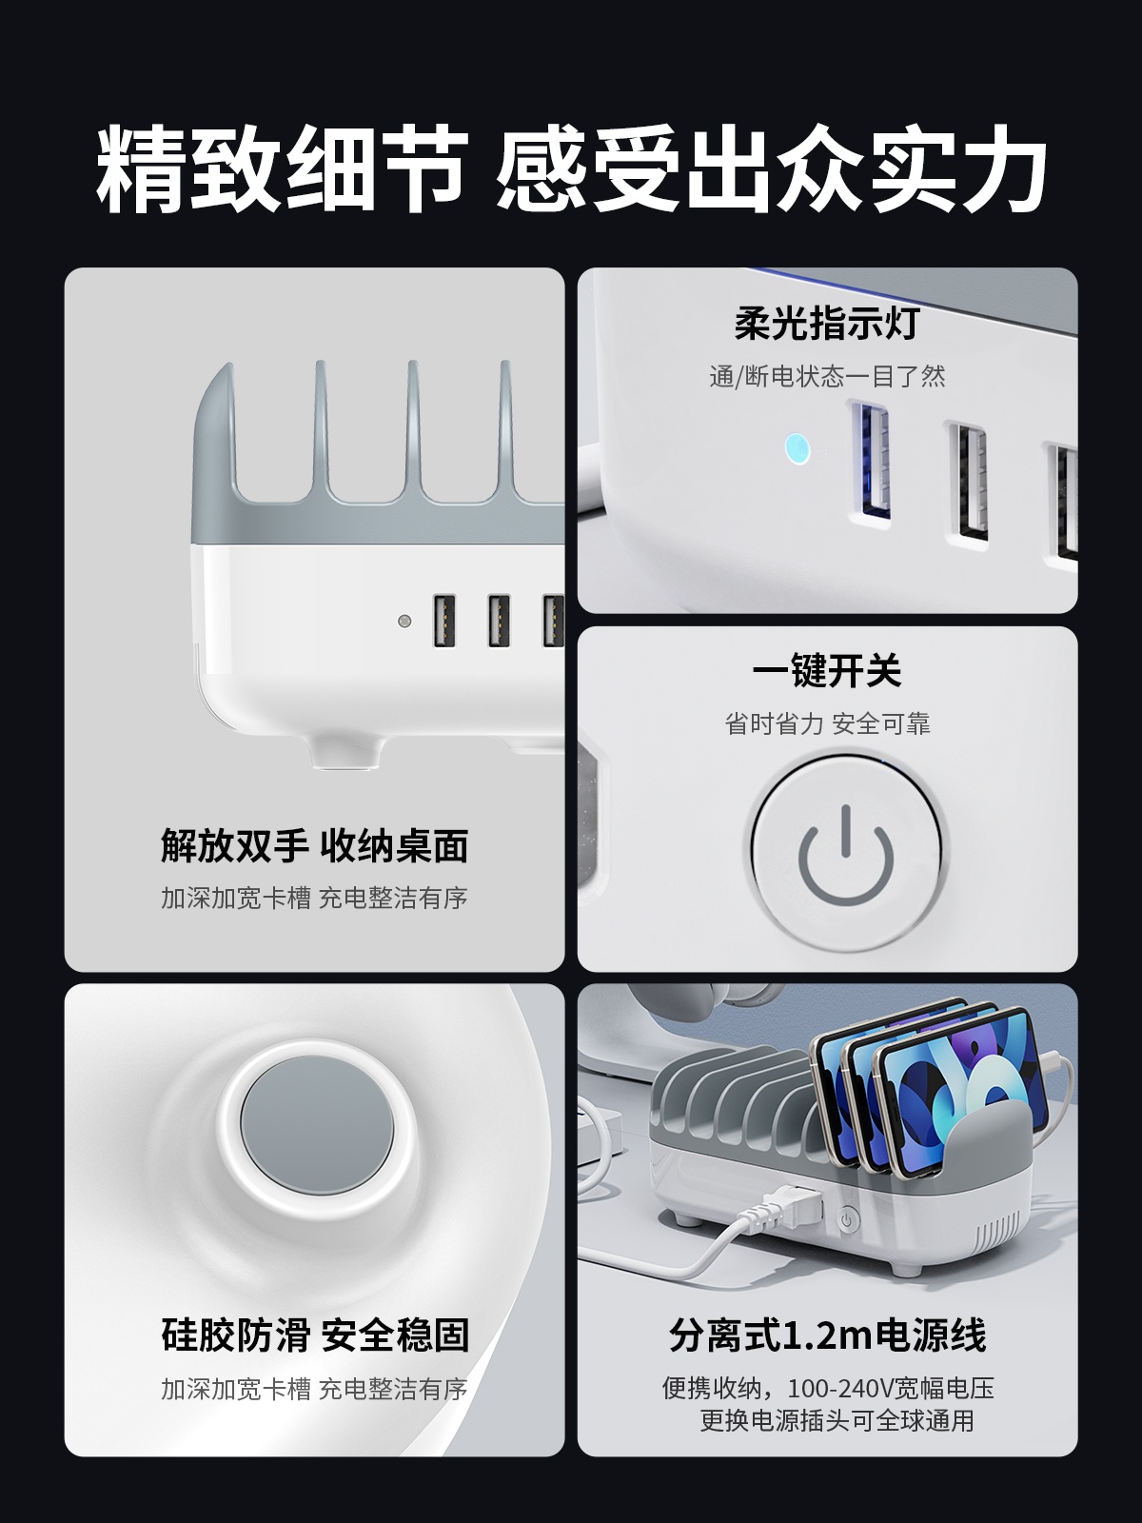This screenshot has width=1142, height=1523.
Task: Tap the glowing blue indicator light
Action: (797, 449)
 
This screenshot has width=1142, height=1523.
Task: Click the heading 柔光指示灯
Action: (827, 324)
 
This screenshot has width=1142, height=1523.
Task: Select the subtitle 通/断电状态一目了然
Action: (827, 376)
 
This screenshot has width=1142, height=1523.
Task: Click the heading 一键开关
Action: (827, 670)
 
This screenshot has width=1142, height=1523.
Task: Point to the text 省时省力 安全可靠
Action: (827, 723)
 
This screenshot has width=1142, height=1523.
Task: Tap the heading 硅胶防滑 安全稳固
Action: (315, 1335)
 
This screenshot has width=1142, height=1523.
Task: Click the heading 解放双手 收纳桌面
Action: (315, 846)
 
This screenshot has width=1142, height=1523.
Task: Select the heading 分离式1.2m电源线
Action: (827, 1335)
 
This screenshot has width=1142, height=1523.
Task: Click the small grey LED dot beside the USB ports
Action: (404, 621)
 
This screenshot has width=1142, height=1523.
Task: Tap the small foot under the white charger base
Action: (346, 754)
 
